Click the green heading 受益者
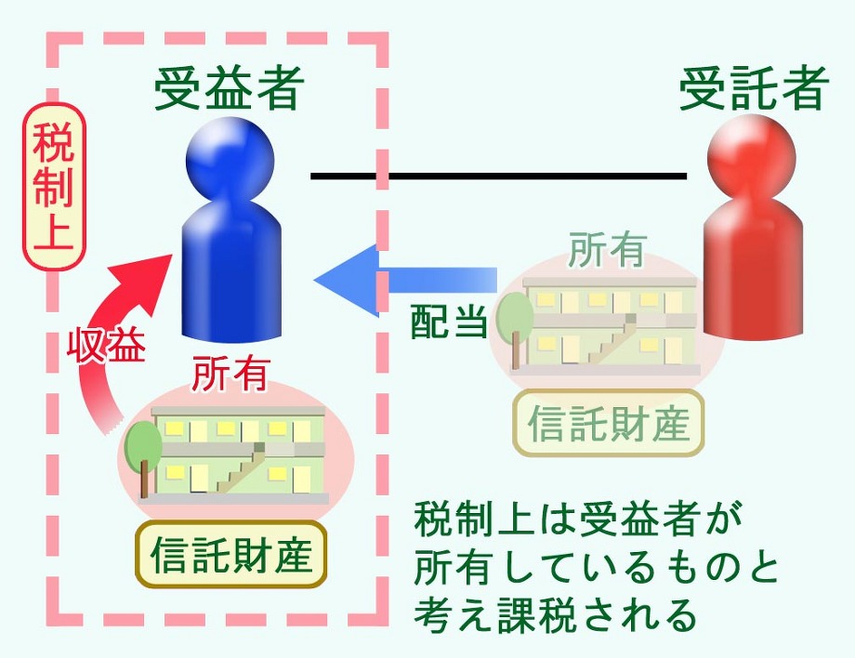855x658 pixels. click(230, 89)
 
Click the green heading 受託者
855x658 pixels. click(754, 90)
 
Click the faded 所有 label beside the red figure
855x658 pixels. click(607, 251)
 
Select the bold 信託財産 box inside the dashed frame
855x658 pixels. click(231, 554)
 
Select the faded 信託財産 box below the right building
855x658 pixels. click(609, 424)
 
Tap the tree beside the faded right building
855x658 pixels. click(514, 321)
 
